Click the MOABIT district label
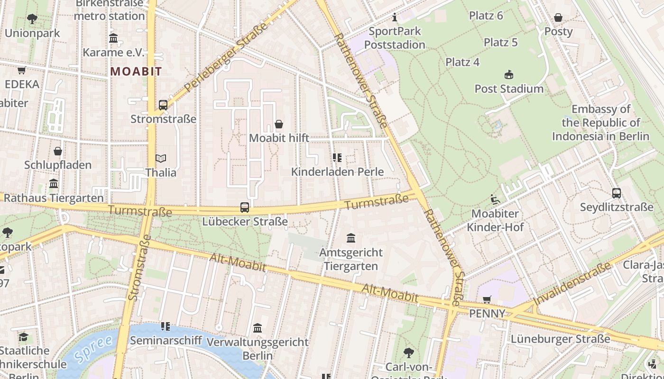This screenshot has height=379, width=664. click(x=136, y=72)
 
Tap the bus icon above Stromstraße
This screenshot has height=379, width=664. click(x=163, y=105)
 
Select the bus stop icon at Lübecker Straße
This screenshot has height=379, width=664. click(x=245, y=207)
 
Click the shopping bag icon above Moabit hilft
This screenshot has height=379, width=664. click(x=279, y=124)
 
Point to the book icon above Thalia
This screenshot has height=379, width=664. click(x=161, y=158)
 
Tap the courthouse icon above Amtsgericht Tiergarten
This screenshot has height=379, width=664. click(x=351, y=238)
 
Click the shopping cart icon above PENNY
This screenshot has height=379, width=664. click(x=487, y=299)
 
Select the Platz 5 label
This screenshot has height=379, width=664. click(x=500, y=42)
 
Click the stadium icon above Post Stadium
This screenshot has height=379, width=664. click(x=509, y=74)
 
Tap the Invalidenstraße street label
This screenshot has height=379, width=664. click(x=572, y=284)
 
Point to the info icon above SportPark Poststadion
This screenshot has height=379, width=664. click(x=395, y=18)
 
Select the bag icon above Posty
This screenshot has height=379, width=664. click(x=558, y=18)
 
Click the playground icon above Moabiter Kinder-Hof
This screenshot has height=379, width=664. click(x=495, y=199)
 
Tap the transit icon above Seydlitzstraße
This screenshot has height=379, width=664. click(x=616, y=193)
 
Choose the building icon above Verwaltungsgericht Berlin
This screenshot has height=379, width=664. click(x=258, y=328)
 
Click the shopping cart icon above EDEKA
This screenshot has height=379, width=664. click(x=21, y=71)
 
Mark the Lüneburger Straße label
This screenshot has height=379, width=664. click(x=560, y=339)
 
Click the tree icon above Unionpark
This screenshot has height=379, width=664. click(x=32, y=19)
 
